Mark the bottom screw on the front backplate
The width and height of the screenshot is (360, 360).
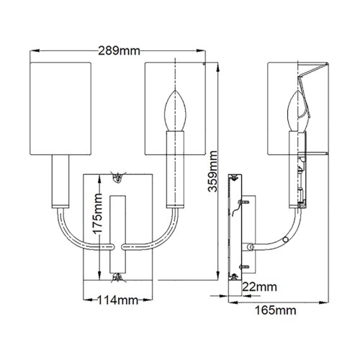tap(117, 276)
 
